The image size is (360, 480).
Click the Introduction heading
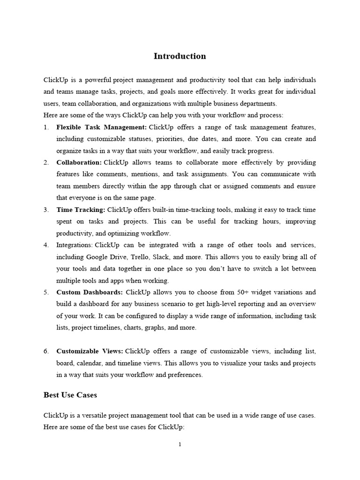click(180, 56)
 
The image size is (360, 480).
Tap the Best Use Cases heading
click(70, 395)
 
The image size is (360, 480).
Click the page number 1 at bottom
click(180, 444)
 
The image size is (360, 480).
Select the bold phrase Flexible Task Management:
click(101, 127)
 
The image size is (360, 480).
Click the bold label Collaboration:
click(79, 162)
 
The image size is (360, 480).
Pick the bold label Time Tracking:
click(81, 210)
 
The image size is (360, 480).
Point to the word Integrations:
click(75, 245)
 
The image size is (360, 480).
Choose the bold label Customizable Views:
click(90, 351)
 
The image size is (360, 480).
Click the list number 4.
click(46, 245)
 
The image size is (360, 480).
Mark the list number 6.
click(46, 351)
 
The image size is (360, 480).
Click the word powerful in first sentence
click(97, 80)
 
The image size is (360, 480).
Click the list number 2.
click(46, 162)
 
